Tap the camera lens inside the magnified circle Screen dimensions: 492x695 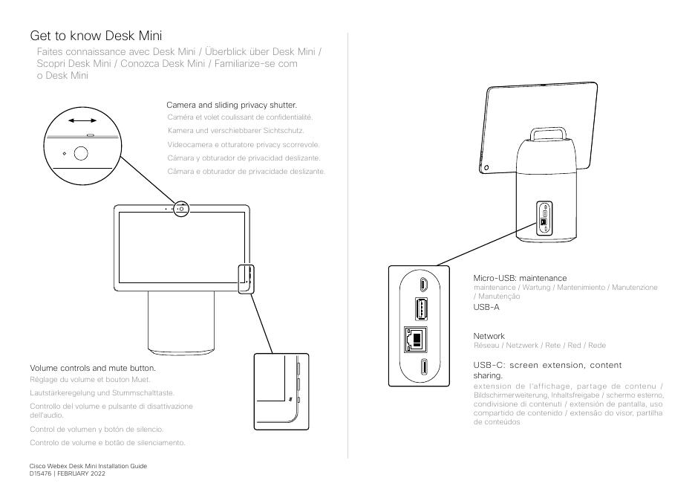click(80, 154)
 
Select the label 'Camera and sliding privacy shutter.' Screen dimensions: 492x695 click(235, 106)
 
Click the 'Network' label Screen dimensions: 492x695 click(489, 336)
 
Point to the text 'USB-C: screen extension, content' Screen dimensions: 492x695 click(547, 365)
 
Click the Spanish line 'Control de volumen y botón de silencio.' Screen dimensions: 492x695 click(97, 430)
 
